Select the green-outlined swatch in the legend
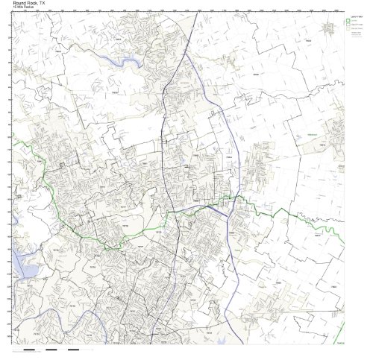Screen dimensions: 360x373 click(347, 21)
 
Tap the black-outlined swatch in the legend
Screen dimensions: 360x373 click(347, 25)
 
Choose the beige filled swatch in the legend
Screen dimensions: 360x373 click(347, 30)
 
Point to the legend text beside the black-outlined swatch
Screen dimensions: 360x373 click(355, 25)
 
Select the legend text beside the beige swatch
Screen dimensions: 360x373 click(355, 30)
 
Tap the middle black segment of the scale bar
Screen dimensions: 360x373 click(51, 348)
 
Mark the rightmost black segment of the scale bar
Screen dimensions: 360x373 click(74, 348)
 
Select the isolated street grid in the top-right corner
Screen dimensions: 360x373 click(329, 28)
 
